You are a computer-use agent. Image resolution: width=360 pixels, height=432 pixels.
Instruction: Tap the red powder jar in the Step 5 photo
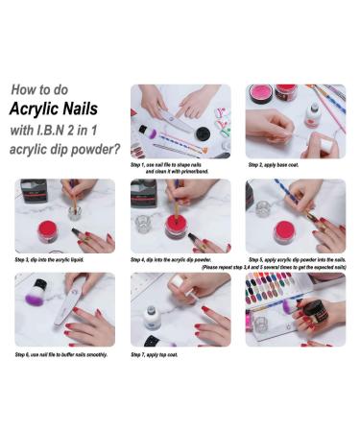tap(283, 231)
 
